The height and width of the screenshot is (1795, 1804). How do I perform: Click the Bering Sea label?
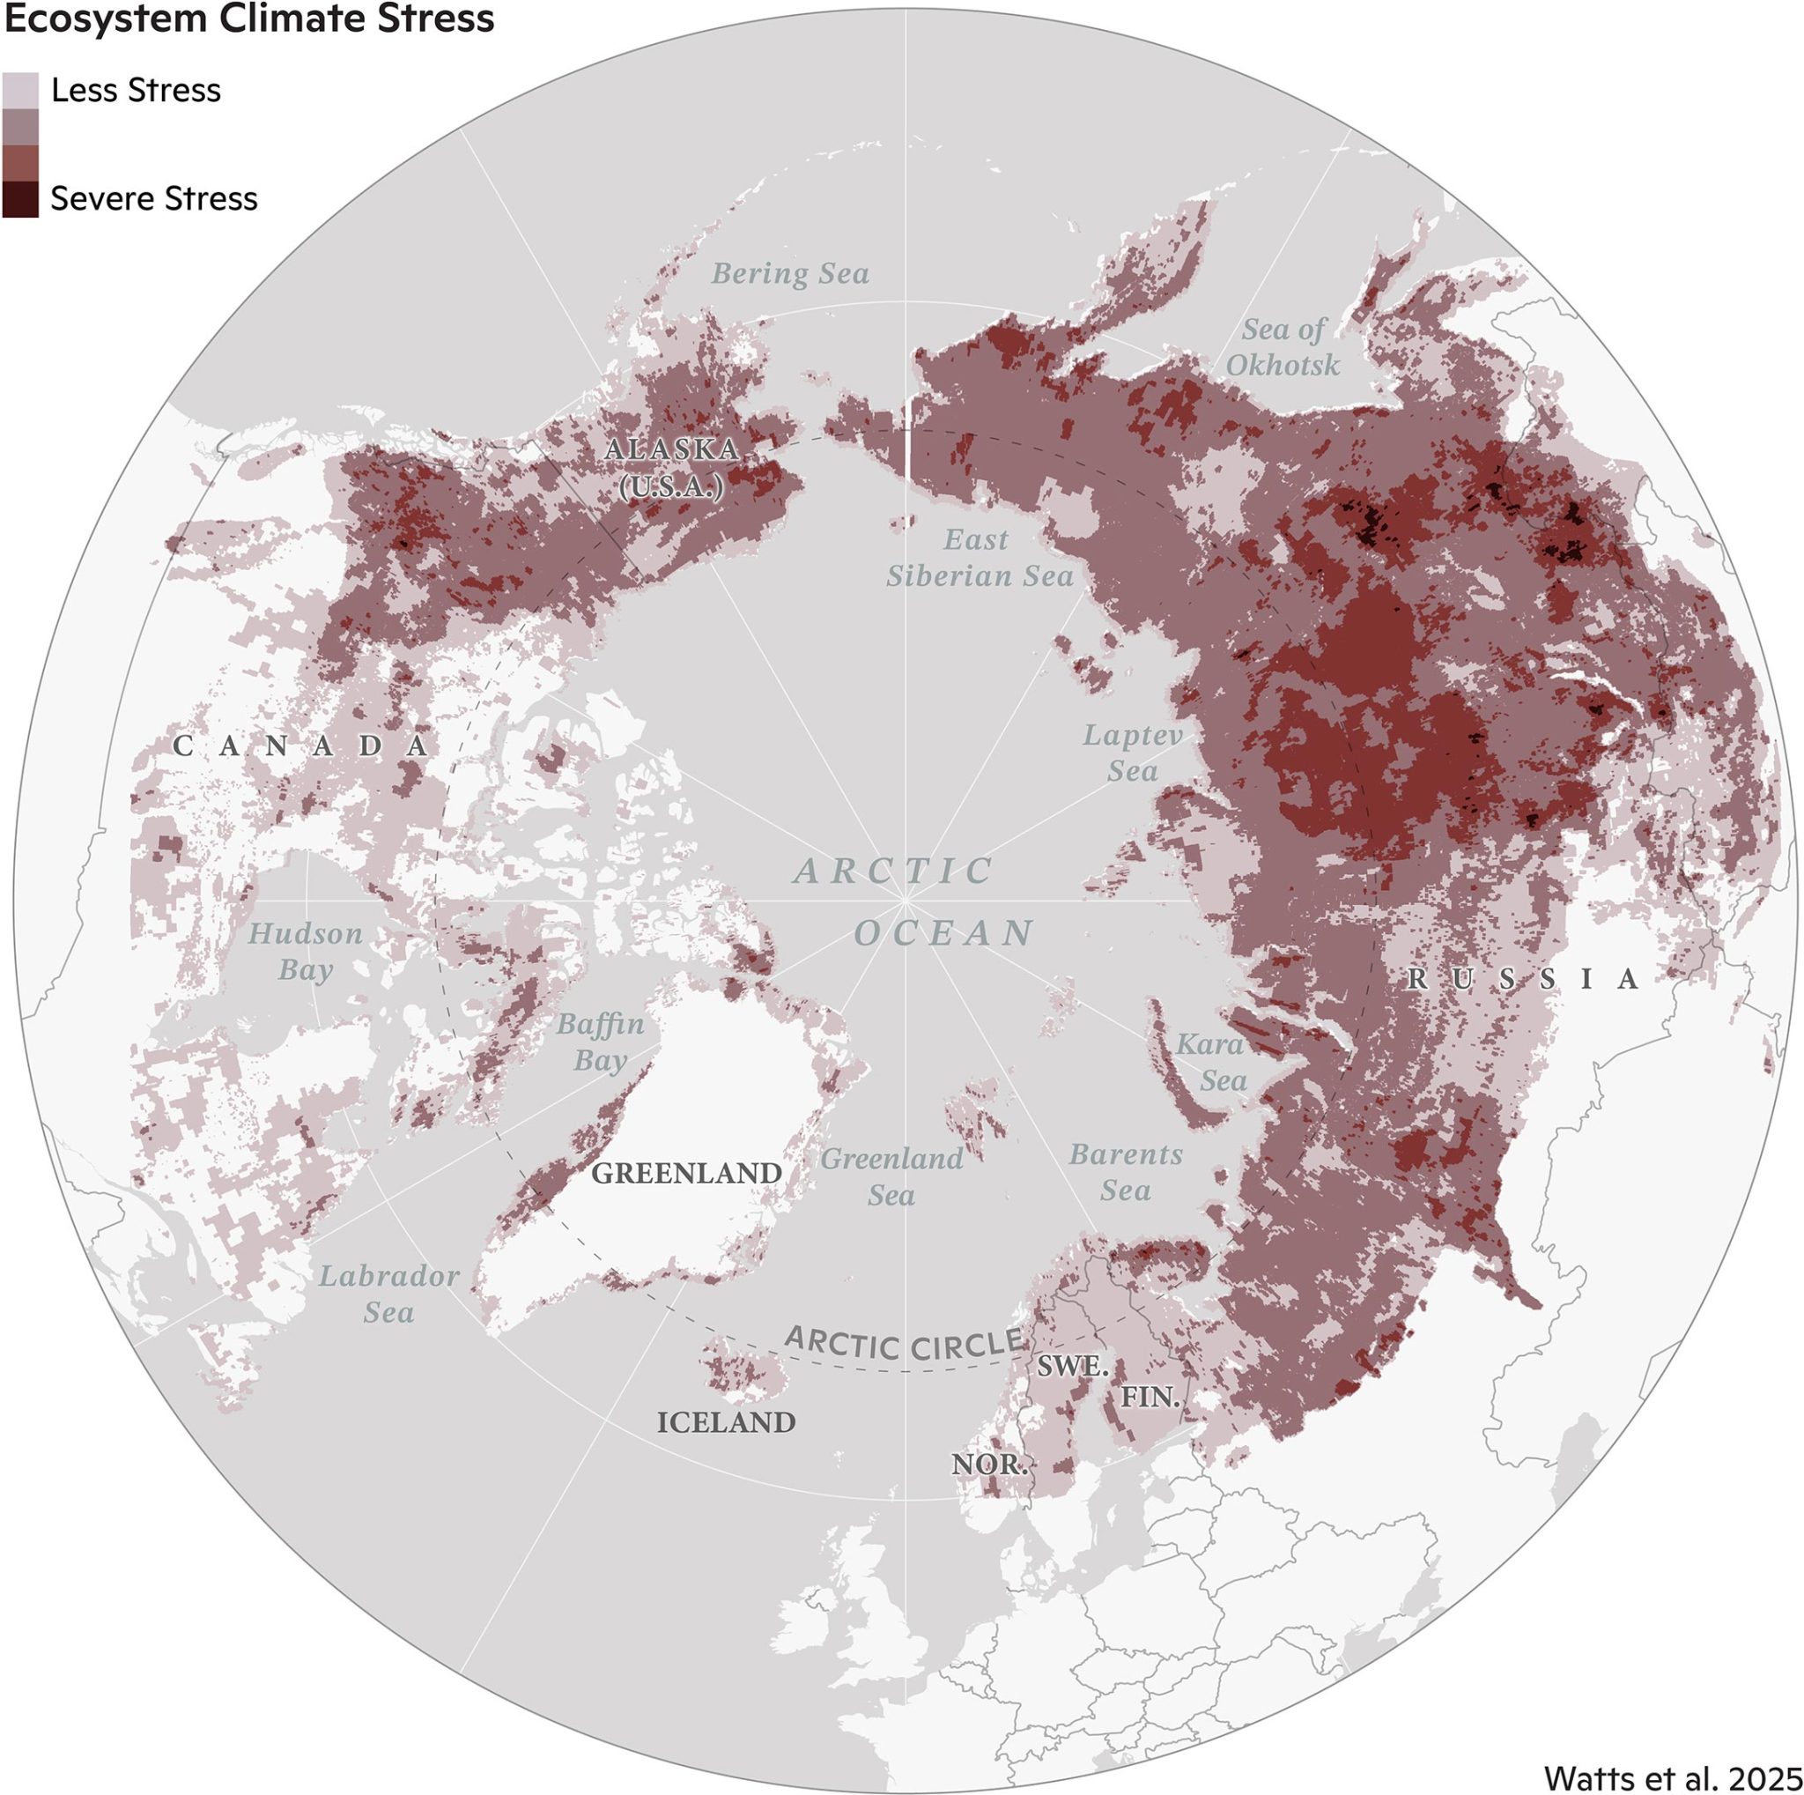click(x=790, y=274)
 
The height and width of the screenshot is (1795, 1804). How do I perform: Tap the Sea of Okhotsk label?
click(x=1283, y=347)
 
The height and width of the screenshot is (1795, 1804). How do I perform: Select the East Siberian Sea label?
click(x=979, y=558)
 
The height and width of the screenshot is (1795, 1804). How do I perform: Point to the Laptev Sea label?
click(x=1133, y=753)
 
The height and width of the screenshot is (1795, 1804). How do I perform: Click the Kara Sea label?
click(x=1210, y=1062)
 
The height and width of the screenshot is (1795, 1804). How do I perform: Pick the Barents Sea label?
click(x=1125, y=1172)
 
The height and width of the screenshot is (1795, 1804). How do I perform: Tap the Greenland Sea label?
click(x=891, y=1176)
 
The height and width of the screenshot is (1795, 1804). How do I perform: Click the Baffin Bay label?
click(x=601, y=1042)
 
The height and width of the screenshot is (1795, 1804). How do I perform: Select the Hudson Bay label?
click(x=306, y=951)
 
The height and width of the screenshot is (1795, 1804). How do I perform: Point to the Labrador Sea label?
click(x=389, y=1294)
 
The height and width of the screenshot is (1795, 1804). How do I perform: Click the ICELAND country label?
click(x=727, y=1422)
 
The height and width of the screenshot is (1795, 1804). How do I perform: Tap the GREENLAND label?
click(x=686, y=1173)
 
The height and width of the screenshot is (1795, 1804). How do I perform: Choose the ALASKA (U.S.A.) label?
click(x=671, y=467)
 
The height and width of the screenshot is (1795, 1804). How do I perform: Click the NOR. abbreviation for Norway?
click(x=989, y=1464)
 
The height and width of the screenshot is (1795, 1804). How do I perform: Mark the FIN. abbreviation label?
click(x=1150, y=1398)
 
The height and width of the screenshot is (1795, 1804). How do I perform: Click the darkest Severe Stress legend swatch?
click(x=20, y=199)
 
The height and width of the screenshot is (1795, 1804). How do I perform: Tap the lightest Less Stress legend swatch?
click(x=20, y=91)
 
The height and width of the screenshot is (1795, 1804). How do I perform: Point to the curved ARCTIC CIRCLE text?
click(x=904, y=1345)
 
